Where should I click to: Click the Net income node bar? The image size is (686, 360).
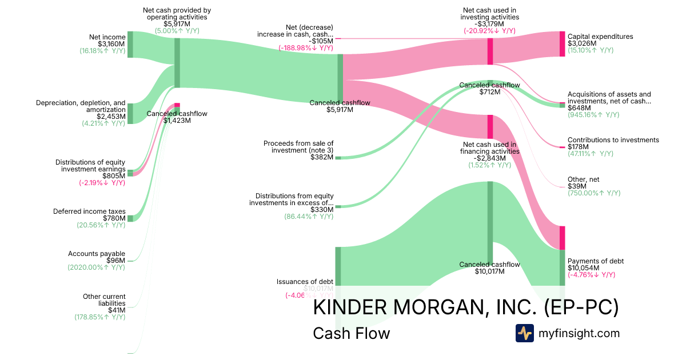[x=130, y=44]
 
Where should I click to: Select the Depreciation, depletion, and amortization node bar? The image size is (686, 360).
[x=130, y=113]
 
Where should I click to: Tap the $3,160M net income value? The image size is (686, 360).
[x=111, y=44]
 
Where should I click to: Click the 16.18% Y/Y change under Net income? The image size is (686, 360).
[x=102, y=51]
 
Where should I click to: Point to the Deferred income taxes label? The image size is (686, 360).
[x=89, y=211]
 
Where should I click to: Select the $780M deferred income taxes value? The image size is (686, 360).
[x=114, y=218]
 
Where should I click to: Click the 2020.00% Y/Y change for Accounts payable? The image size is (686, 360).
[x=96, y=267]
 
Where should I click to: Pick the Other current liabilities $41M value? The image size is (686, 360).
[x=116, y=310]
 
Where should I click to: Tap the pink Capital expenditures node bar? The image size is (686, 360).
[x=562, y=44]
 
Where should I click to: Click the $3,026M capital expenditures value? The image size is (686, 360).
[x=582, y=43]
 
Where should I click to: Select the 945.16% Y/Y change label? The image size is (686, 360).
[x=593, y=115]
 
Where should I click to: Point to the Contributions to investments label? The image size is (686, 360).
[x=613, y=140]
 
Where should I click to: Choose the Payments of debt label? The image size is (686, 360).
[x=596, y=261]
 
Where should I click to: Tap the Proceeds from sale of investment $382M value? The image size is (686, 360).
[x=322, y=157]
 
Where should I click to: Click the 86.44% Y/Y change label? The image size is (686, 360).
[x=309, y=217]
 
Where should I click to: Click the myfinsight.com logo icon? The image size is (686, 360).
[x=525, y=333]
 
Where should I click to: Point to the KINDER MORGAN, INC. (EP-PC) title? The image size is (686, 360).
[x=466, y=307]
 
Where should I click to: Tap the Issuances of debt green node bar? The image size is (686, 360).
[x=338, y=266]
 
